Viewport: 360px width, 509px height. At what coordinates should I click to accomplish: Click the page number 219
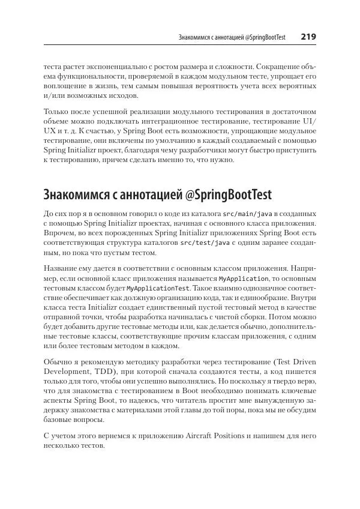pos(308,37)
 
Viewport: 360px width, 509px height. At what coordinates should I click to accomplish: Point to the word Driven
pos(302,361)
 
